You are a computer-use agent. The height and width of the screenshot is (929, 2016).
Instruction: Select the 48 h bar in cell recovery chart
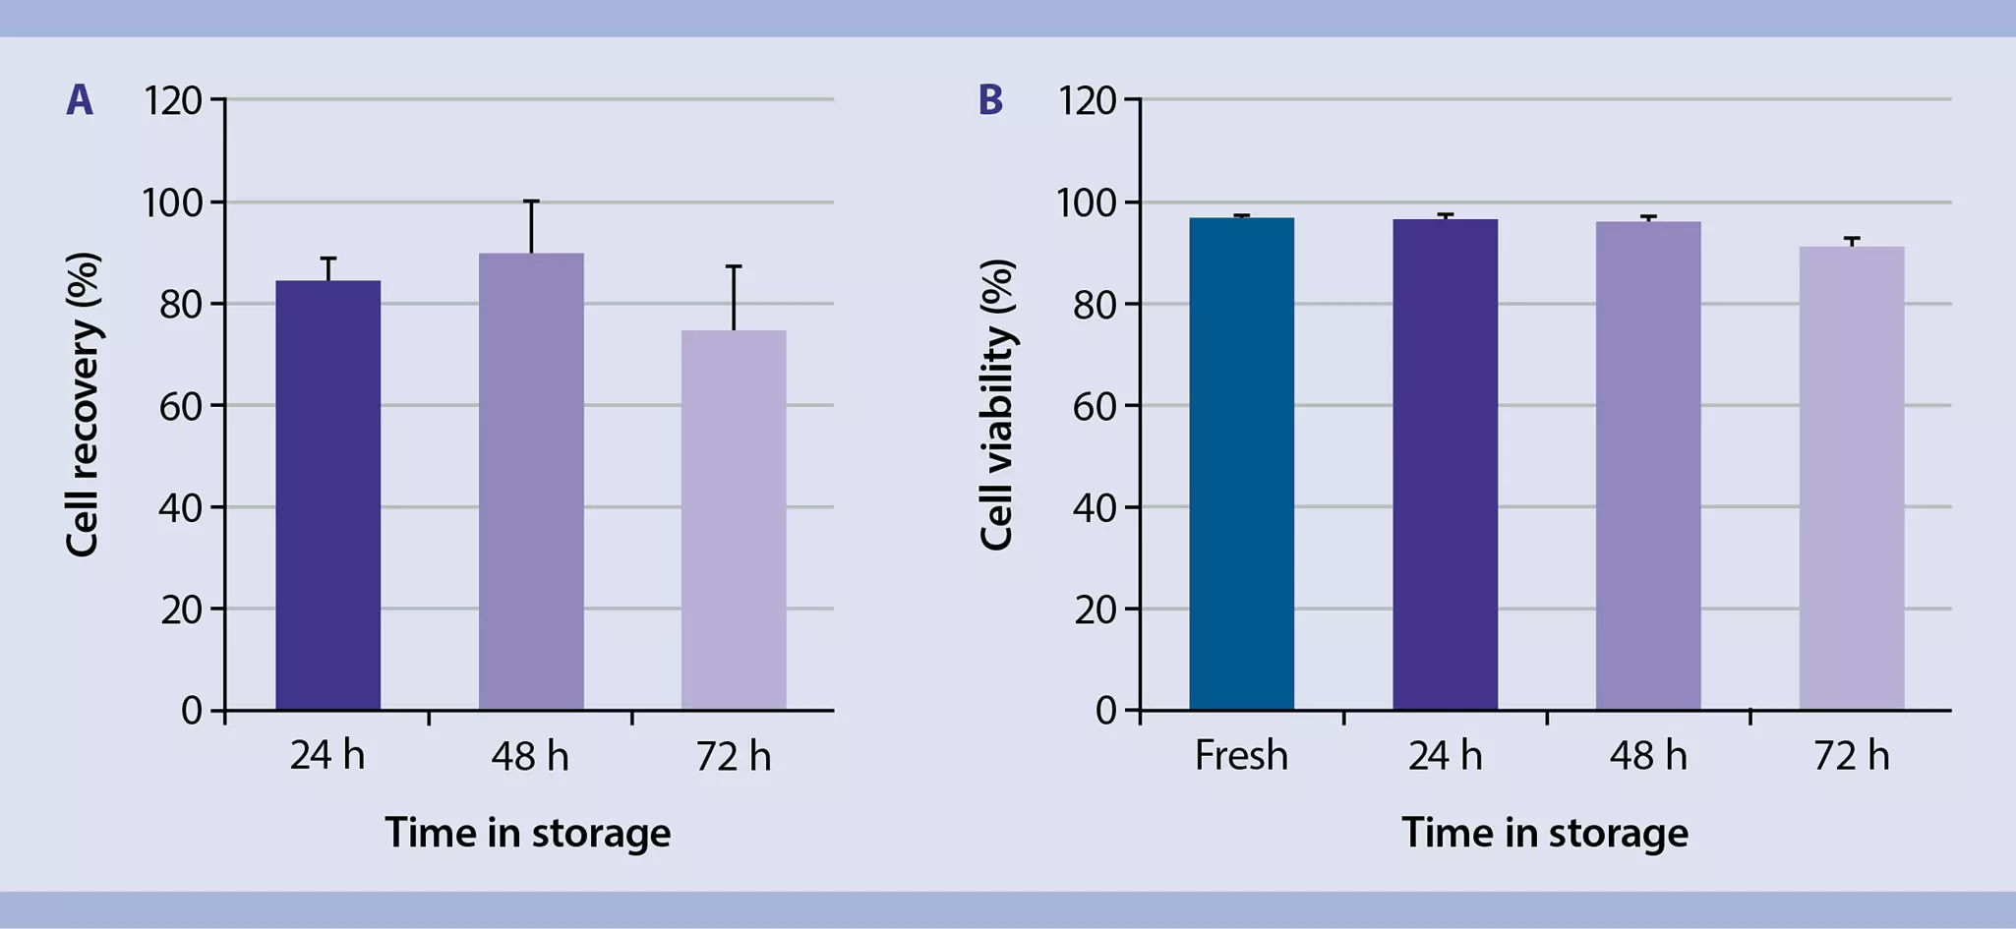[531, 482]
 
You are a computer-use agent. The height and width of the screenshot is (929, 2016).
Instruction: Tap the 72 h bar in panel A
[734, 520]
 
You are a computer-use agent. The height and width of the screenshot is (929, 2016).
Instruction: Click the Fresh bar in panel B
[1241, 463]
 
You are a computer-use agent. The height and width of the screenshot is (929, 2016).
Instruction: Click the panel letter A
[80, 100]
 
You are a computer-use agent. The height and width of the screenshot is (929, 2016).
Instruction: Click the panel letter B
[991, 100]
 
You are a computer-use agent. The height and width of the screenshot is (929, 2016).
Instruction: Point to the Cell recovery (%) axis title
[83, 404]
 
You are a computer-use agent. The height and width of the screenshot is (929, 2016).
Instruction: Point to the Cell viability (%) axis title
[997, 404]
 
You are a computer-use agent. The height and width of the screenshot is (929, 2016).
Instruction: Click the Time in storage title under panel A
[528, 833]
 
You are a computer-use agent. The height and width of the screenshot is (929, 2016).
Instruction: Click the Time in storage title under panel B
[1545, 833]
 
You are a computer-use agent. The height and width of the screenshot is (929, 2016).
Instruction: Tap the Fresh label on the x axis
[1241, 755]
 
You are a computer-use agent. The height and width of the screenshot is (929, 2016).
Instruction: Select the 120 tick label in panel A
[172, 100]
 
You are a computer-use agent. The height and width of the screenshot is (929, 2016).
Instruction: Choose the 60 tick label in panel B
[1095, 406]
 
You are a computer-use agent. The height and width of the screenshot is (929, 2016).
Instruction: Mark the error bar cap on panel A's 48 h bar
[531, 202]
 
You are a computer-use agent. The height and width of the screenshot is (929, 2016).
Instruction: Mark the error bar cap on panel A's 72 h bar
[734, 266]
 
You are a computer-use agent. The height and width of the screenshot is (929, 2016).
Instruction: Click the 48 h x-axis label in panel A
[530, 755]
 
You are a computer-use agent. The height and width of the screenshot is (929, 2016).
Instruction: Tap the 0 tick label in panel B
[1105, 711]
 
